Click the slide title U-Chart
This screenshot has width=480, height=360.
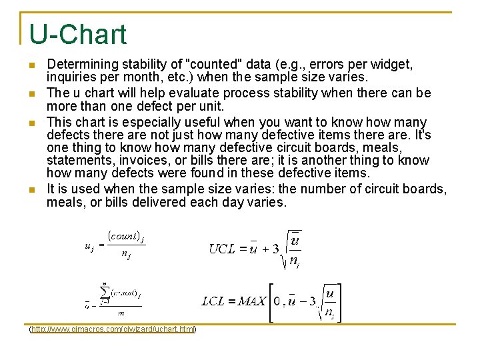(77, 35)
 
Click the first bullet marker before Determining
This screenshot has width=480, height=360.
(31, 65)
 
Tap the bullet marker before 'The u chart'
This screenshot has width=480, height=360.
(31, 93)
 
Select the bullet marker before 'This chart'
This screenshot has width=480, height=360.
(31, 123)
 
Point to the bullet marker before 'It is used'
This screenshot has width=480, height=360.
(31, 189)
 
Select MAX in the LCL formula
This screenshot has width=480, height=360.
(252, 301)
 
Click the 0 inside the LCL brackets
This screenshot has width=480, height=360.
(277, 301)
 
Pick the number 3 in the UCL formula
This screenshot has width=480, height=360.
(276, 249)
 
